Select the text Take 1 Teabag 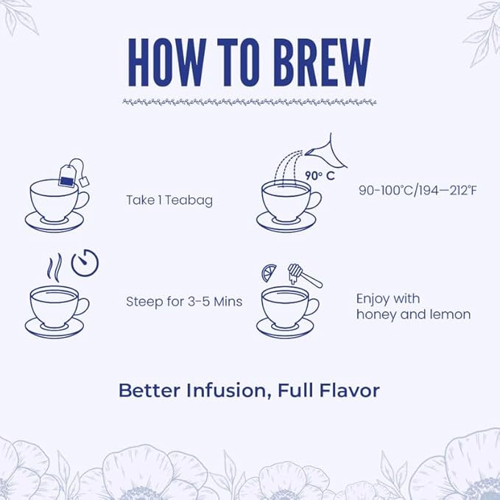click(169, 200)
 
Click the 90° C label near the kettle click(314, 176)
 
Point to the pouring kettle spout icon click(323, 151)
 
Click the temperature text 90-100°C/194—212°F click(418, 191)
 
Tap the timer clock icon click(85, 262)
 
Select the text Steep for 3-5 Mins click(184, 301)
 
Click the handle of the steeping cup click(82, 305)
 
